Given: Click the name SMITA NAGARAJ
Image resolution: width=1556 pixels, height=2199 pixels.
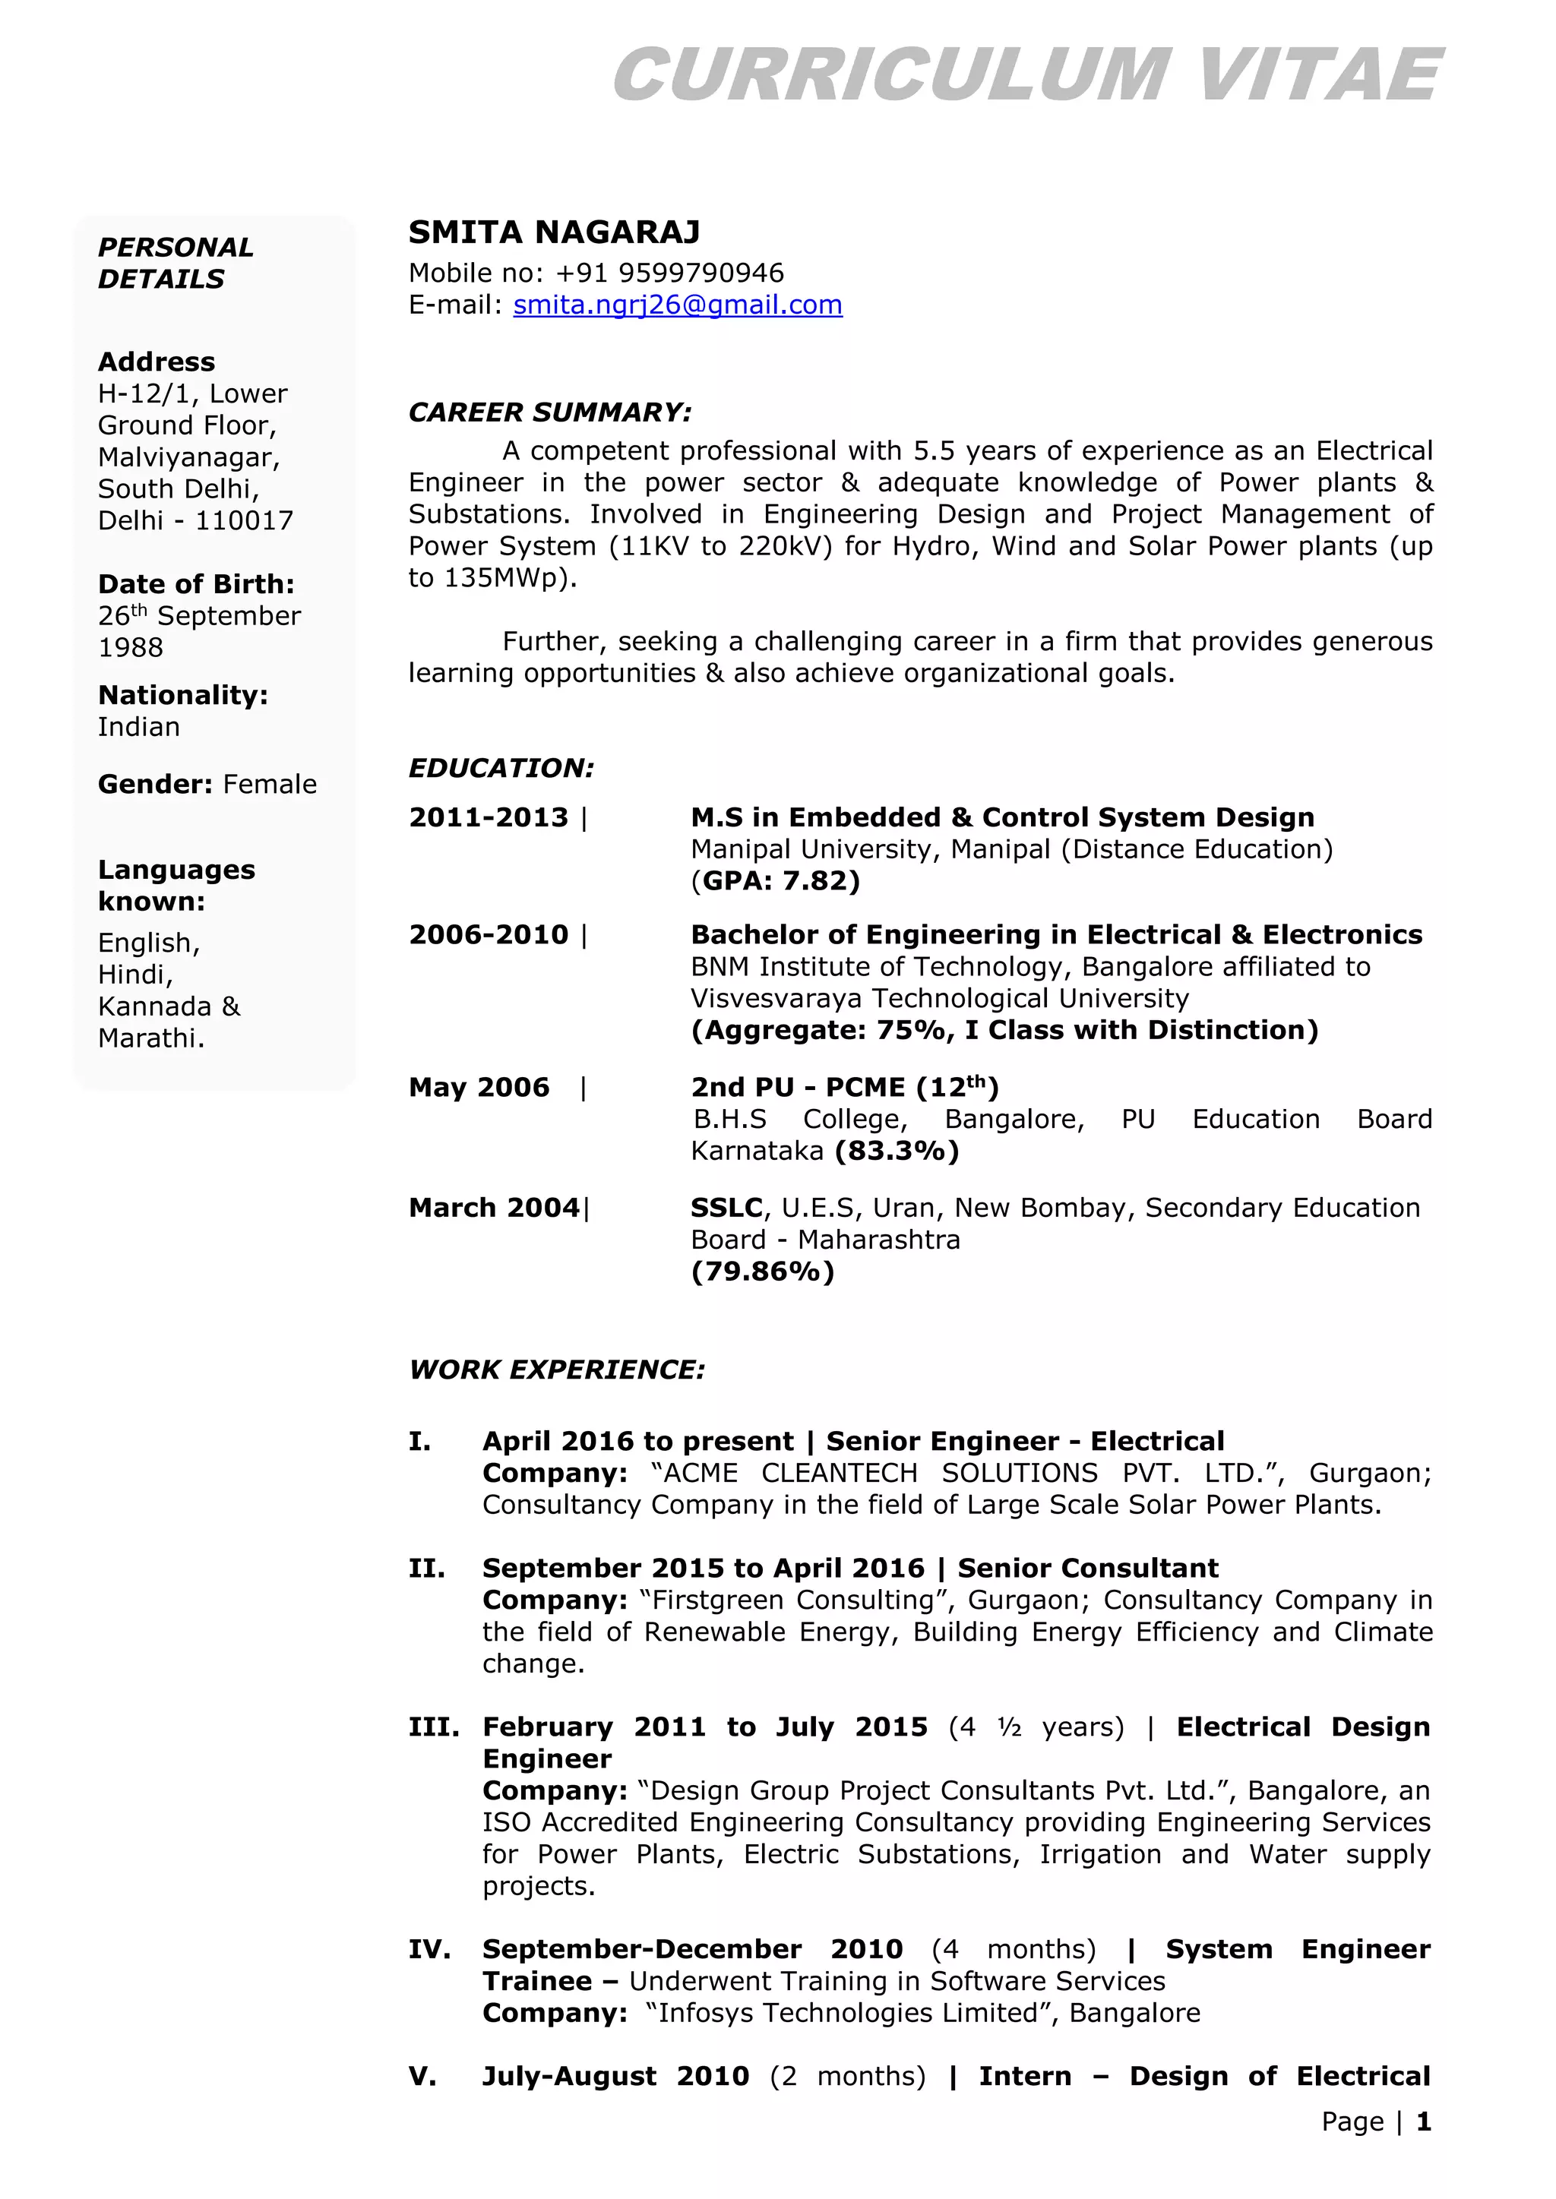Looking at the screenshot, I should click(x=554, y=232).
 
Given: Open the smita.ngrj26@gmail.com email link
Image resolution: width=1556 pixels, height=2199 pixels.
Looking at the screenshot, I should click(x=678, y=305).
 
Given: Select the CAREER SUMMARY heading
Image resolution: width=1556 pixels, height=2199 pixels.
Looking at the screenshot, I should click(x=549, y=412).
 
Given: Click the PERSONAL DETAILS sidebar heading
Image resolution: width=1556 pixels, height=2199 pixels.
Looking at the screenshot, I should click(x=176, y=264).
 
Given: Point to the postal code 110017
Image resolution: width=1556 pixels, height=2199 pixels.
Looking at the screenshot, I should click(x=245, y=521).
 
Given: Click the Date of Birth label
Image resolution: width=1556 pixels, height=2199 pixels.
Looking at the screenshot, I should click(x=195, y=584).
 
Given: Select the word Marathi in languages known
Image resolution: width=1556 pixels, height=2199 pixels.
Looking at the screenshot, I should click(x=150, y=1038).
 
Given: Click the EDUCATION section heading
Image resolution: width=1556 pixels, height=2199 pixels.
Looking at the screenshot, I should click(x=501, y=768).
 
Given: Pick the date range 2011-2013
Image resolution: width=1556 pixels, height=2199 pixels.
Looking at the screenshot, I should click(x=489, y=818).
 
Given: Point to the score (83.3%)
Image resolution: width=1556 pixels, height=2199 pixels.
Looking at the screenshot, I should click(x=897, y=1152).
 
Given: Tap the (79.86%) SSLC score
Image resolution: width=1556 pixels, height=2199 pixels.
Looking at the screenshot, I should click(x=763, y=1272).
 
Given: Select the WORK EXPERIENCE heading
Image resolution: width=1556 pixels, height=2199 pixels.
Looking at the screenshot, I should click(x=557, y=1370).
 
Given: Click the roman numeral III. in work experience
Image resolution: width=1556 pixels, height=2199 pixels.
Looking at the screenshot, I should click(x=433, y=1727).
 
